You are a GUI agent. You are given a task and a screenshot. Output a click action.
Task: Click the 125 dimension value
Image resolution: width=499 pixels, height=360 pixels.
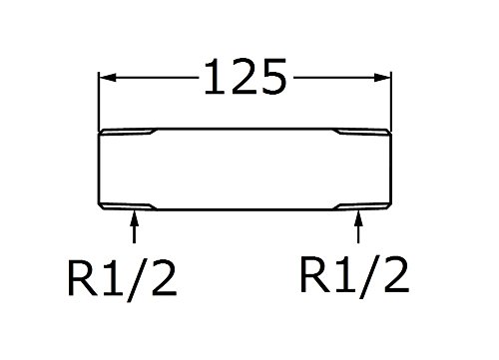point(246,77)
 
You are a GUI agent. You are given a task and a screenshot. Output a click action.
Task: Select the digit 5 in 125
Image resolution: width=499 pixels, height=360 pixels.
point(273,77)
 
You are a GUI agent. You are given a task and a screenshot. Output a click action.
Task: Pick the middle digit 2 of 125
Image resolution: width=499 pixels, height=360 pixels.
point(245,77)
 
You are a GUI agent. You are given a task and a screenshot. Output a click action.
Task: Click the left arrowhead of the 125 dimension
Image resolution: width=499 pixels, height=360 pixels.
point(108,78)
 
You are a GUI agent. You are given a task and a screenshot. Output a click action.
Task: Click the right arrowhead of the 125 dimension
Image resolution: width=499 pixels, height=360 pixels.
point(382,78)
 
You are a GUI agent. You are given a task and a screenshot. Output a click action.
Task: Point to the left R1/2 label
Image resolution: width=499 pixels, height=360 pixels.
point(122,278)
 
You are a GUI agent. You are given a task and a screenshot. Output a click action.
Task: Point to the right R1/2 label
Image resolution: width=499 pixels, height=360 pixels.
point(354,275)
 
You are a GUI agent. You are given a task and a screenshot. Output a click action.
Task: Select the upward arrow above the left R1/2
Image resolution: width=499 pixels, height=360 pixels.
point(134,226)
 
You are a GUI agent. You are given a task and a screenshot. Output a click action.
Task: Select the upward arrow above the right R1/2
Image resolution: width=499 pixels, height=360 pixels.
point(358,226)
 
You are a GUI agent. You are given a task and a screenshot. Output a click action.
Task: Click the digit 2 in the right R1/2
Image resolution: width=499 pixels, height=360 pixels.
point(396,275)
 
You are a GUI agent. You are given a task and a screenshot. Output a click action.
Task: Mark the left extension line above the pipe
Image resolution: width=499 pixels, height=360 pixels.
point(99,102)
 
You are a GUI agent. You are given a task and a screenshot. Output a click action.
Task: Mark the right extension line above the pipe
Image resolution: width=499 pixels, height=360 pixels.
point(391,102)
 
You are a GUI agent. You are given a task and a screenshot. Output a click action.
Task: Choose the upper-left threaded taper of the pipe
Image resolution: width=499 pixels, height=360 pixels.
point(128,132)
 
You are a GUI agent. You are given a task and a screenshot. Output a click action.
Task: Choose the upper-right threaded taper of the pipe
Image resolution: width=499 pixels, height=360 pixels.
point(362,132)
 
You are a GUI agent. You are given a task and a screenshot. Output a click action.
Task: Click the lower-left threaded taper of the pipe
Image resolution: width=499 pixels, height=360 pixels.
point(128,206)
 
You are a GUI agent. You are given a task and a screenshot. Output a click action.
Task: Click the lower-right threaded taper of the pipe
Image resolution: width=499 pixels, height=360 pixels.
point(362,206)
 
